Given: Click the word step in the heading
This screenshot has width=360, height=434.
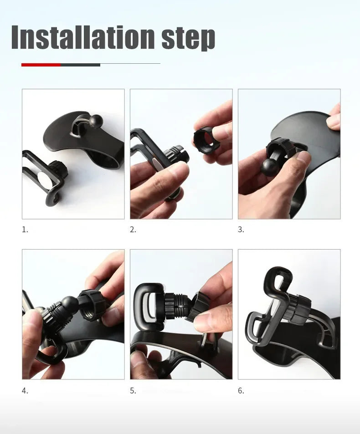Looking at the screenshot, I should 188,38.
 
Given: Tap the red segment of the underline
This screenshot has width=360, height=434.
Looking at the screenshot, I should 41,65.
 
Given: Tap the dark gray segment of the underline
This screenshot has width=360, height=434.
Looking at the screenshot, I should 80,65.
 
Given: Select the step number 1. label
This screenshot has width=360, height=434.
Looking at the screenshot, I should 25,230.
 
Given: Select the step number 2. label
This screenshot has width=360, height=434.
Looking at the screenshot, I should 133,230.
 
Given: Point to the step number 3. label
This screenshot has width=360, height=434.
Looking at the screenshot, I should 241,230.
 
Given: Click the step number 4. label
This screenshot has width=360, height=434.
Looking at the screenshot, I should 25,391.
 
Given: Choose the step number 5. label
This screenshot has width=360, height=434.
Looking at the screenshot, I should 133,391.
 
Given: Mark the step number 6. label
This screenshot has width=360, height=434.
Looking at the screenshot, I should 241,391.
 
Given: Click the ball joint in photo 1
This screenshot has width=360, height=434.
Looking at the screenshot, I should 97,121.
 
